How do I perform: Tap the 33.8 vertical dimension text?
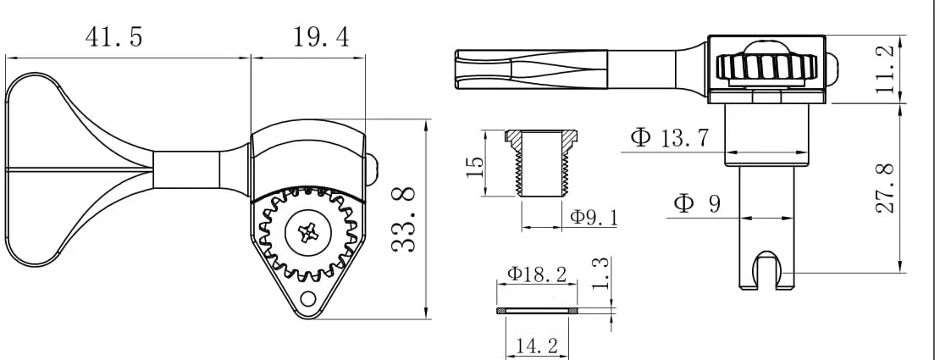point(406,219)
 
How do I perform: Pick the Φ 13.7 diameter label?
point(669,138)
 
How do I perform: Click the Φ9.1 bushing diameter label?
point(594,218)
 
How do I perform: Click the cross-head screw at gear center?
point(304,231)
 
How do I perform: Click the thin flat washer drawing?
point(538,312)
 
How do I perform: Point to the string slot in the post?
point(766,269)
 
